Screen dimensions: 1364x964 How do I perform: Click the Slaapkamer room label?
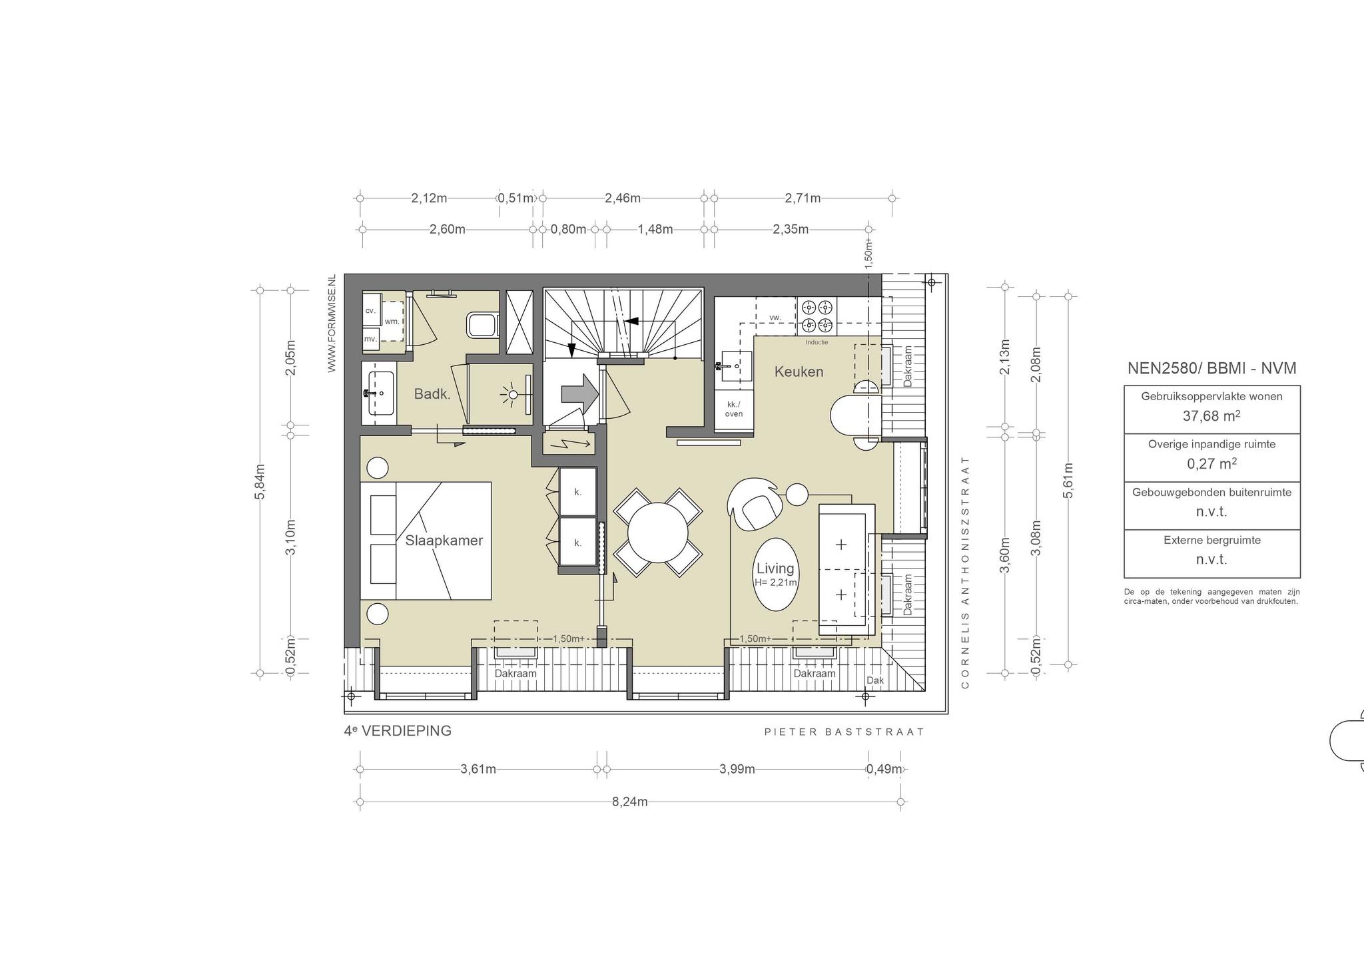tap(444, 541)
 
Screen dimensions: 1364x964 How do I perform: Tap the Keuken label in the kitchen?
tap(799, 371)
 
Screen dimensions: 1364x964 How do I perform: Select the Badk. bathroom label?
tap(432, 393)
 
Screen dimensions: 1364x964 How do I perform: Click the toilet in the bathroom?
tap(483, 326)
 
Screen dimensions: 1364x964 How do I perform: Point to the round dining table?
tap(658, 533)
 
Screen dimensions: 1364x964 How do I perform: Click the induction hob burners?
tap(817, 316)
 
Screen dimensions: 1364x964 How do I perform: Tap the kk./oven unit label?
tap(734, 409)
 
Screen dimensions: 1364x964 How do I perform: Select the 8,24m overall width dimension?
tap(630, 802)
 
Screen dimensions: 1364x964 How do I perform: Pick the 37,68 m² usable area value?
tap(1211, 416)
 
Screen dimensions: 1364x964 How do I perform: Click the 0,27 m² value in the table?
tap(1211, 464)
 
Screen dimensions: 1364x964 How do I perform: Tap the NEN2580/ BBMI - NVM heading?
tap(1211, 368)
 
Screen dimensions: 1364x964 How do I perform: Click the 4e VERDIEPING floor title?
tap(398, 731)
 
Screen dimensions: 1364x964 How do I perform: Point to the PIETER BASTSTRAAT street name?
tap(845, 732)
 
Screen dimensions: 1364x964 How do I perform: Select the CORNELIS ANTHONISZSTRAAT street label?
tap(965, 573)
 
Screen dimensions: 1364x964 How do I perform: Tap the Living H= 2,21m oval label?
tap(775, 574)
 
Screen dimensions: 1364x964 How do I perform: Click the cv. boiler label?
tap(370, 311)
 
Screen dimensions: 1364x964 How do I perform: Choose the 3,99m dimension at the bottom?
tap(737, 769)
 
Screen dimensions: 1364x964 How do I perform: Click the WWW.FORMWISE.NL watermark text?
tap(332, 324)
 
